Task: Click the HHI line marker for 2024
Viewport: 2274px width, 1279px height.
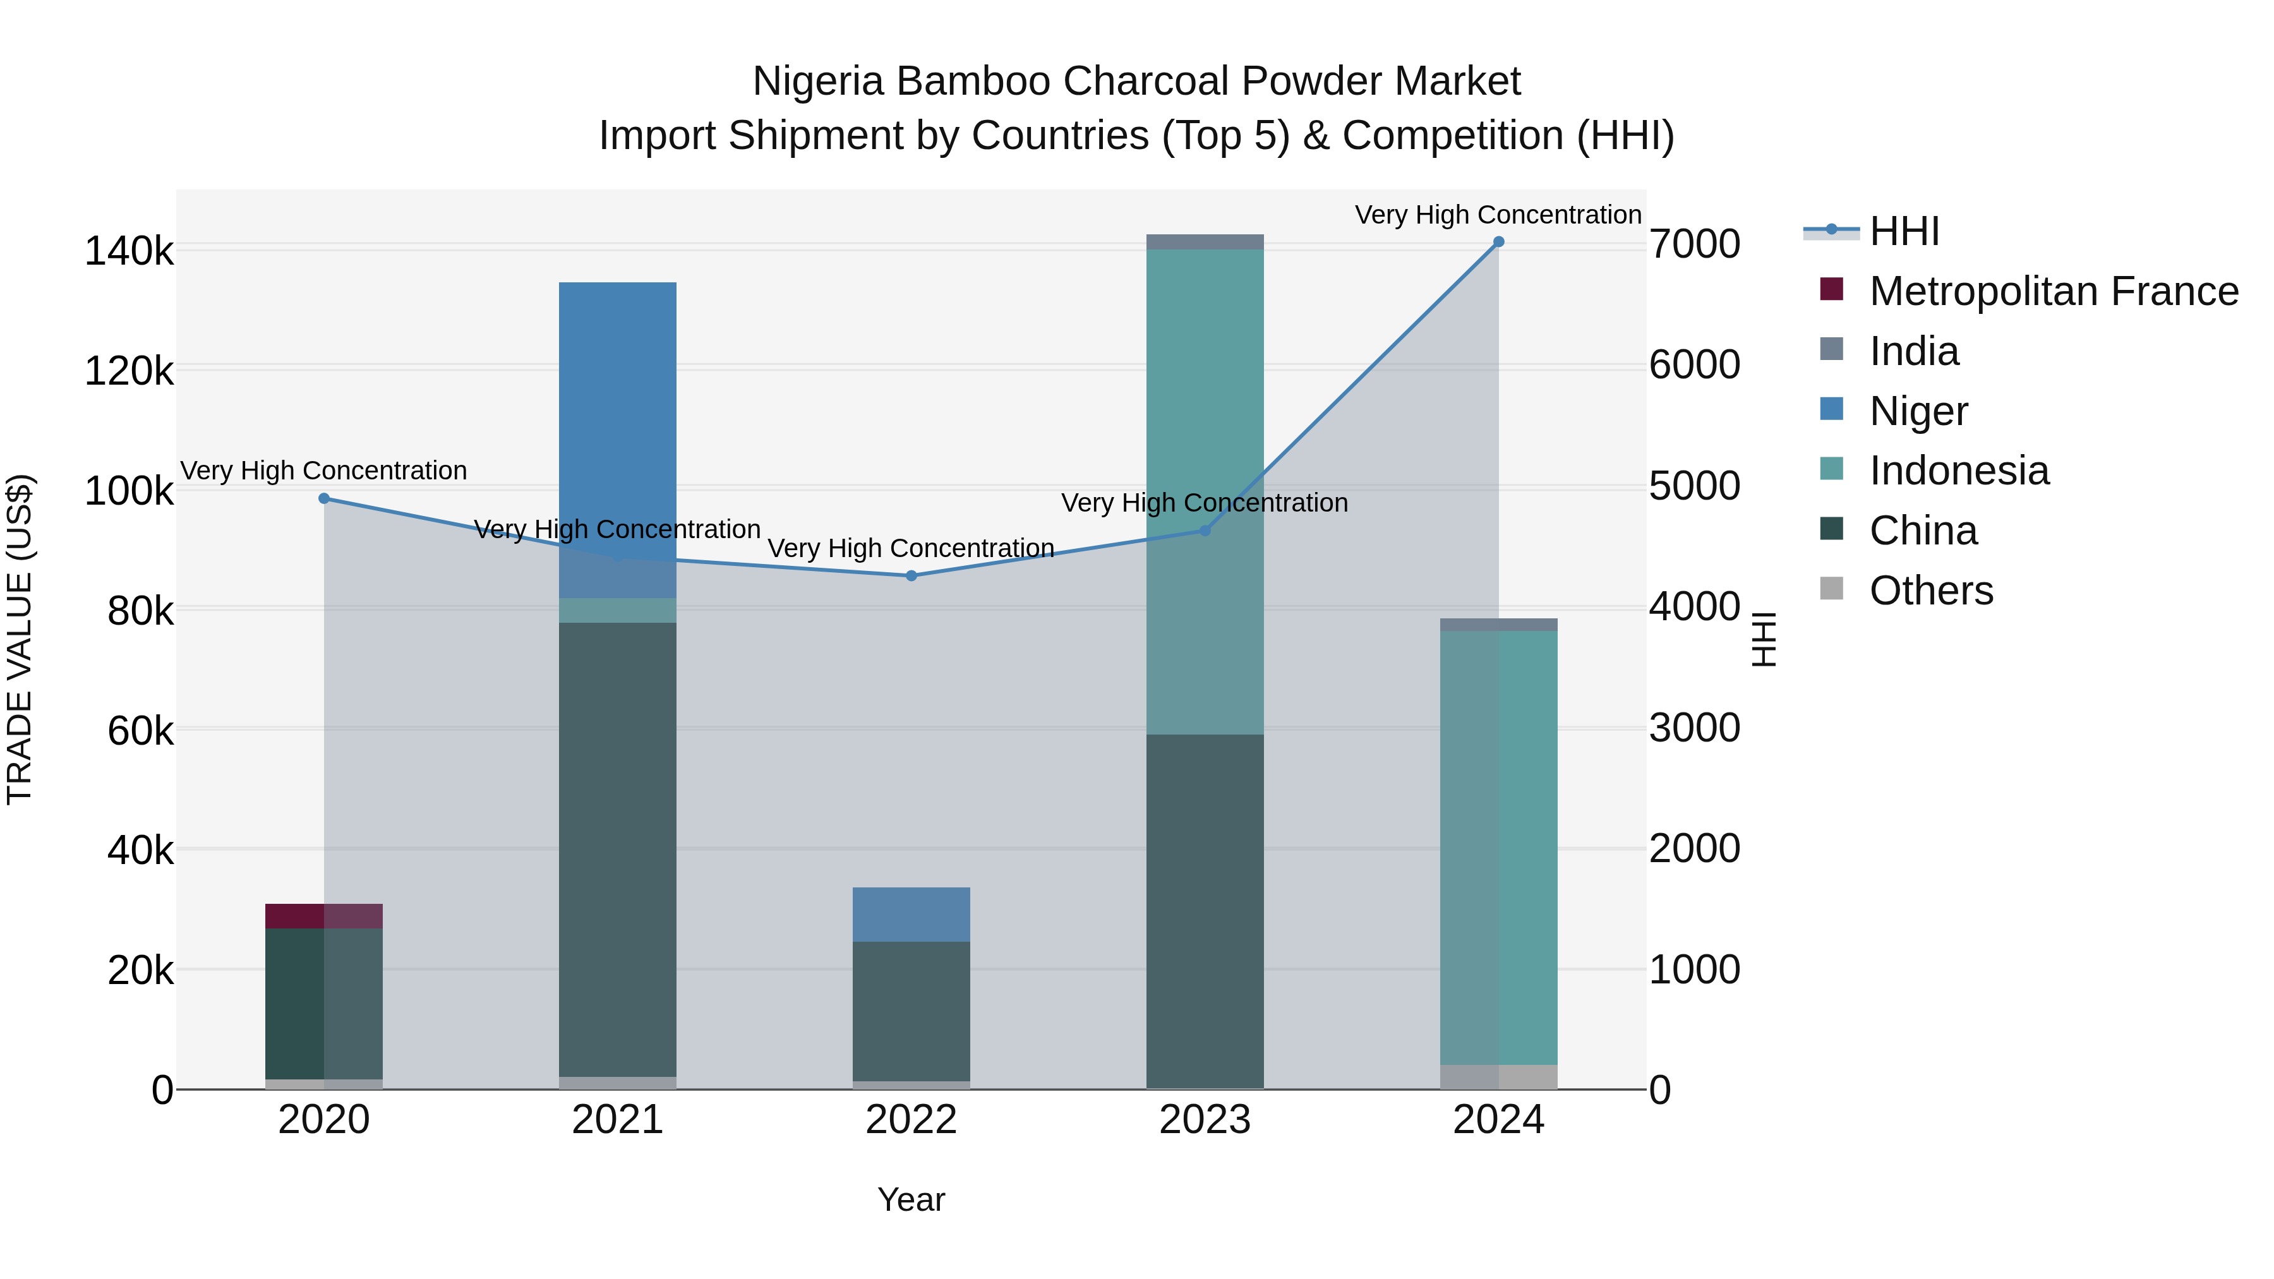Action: [x=1498, y=242]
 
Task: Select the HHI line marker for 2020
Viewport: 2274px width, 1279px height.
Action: [x=324, y=499]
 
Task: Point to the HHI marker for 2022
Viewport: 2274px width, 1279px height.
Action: [x=911, y=575]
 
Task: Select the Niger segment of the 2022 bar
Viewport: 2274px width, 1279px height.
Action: [x=911, y=915]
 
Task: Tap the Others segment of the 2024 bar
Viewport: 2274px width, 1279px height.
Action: [x=1498, y=1077]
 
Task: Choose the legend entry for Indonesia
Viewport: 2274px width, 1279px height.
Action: [x=1958, y=471]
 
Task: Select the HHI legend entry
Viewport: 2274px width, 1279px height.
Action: [x=1903, y=231]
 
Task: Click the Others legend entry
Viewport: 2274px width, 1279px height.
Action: [x=1930, y=591]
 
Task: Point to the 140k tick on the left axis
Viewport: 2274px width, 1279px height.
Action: [x=129, y=251]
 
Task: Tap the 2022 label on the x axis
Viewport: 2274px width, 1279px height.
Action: [x=911, y=1120]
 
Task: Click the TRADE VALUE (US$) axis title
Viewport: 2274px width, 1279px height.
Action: [x=20, y=639]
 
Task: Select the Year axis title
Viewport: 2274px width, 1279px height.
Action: [x=911, y=1199]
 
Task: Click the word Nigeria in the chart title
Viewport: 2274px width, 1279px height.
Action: [x=817, y=81]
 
